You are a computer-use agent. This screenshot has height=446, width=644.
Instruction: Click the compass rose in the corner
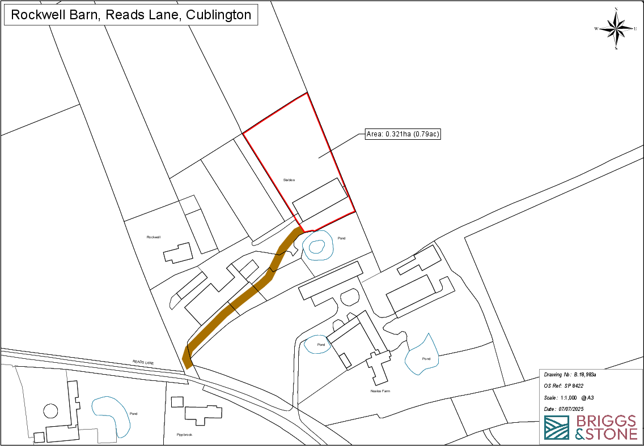(616, 28)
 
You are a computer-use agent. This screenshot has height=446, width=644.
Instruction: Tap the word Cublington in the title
(219, 15)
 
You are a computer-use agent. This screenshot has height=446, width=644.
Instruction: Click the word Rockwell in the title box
(37, 15)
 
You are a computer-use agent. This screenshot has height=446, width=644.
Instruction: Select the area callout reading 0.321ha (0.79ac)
(403, 134)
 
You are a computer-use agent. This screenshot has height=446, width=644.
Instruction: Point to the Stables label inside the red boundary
(289, 179)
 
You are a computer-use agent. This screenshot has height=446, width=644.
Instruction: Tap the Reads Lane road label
(143, 362)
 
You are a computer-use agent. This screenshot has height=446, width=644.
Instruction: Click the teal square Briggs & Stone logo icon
(556, 428)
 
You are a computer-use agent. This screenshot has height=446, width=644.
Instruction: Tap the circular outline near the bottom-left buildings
(50, 410)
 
